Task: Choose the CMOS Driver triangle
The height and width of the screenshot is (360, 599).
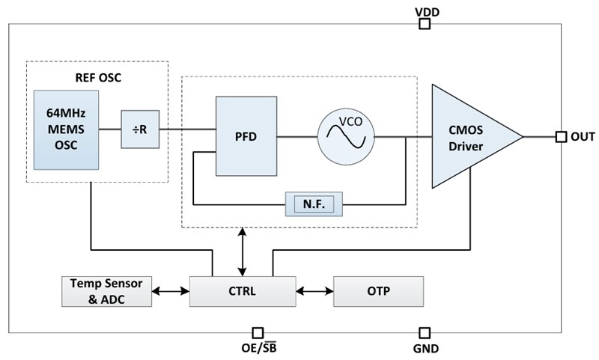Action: click(x=468, y=136)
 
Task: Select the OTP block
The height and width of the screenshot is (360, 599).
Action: click(x=378, y=291)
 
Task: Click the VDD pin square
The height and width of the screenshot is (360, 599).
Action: click(x=425, y=24)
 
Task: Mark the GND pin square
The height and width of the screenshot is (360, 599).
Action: click(x=425, y=332)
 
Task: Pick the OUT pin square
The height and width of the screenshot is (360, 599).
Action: click(x=560, y=136)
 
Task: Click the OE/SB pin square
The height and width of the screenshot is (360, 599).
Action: click(x=258, y=332)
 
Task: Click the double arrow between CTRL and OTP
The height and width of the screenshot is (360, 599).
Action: click(x=314, y=291)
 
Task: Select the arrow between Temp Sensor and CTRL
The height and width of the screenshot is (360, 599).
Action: click(x=170, y=291)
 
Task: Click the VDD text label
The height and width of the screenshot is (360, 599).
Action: click(x=427, y=10)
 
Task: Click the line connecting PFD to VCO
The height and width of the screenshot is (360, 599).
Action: click(x=297, y=136)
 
